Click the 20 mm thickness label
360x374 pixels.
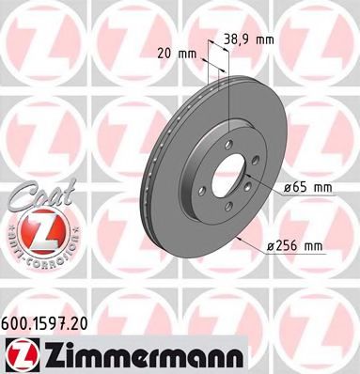[178, 53]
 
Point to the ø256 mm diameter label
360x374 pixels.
[295, 246]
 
